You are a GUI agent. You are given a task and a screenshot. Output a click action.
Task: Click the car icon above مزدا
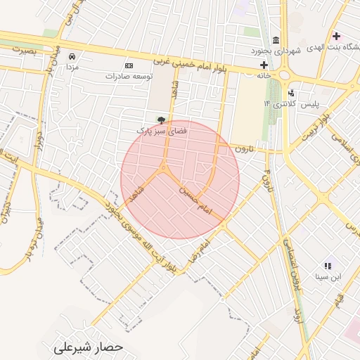[x=71, y=56]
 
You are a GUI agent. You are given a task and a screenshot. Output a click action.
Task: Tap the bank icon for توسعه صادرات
[x=128, y=65]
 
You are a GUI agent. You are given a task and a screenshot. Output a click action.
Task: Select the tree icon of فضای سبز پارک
[x=161, y=120]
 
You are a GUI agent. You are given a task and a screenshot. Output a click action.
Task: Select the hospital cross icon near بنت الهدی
[x=336, y=36]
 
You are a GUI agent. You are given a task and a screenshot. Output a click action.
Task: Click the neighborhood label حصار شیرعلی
[x=89, y=347]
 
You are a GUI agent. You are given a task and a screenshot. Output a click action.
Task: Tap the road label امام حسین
[x=195, y=200]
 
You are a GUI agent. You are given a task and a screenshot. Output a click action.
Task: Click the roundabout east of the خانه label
[x=285, y=75]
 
